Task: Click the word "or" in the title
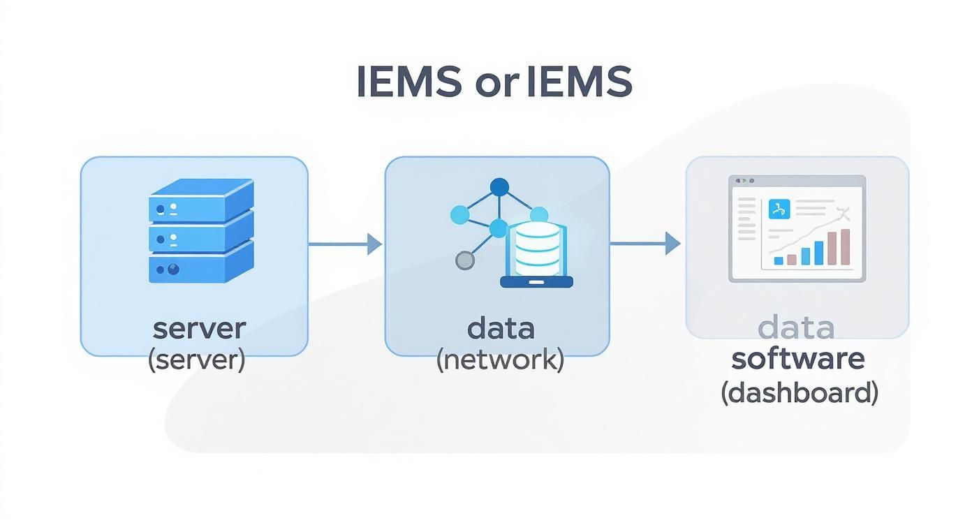(x=493, y=83)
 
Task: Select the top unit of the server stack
(x=200, y=200)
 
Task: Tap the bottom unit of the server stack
(x=200, y=265)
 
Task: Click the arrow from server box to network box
(x=345, y=244)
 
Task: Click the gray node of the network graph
(x=464, y=260)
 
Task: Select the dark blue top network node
(x=499, y=187)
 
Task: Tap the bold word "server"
(x=199, y=328)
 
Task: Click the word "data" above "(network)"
(x=501, y=328)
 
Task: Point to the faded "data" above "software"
(x=796, y=327)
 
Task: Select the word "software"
(x=798, y=359)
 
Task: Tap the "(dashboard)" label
(x=799, y=393)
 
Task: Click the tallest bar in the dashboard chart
(x=845, y=247)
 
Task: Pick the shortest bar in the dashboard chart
(x=779, y=260)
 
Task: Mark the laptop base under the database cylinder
(x=537, y=282)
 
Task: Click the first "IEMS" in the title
(x=409, y=83)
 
